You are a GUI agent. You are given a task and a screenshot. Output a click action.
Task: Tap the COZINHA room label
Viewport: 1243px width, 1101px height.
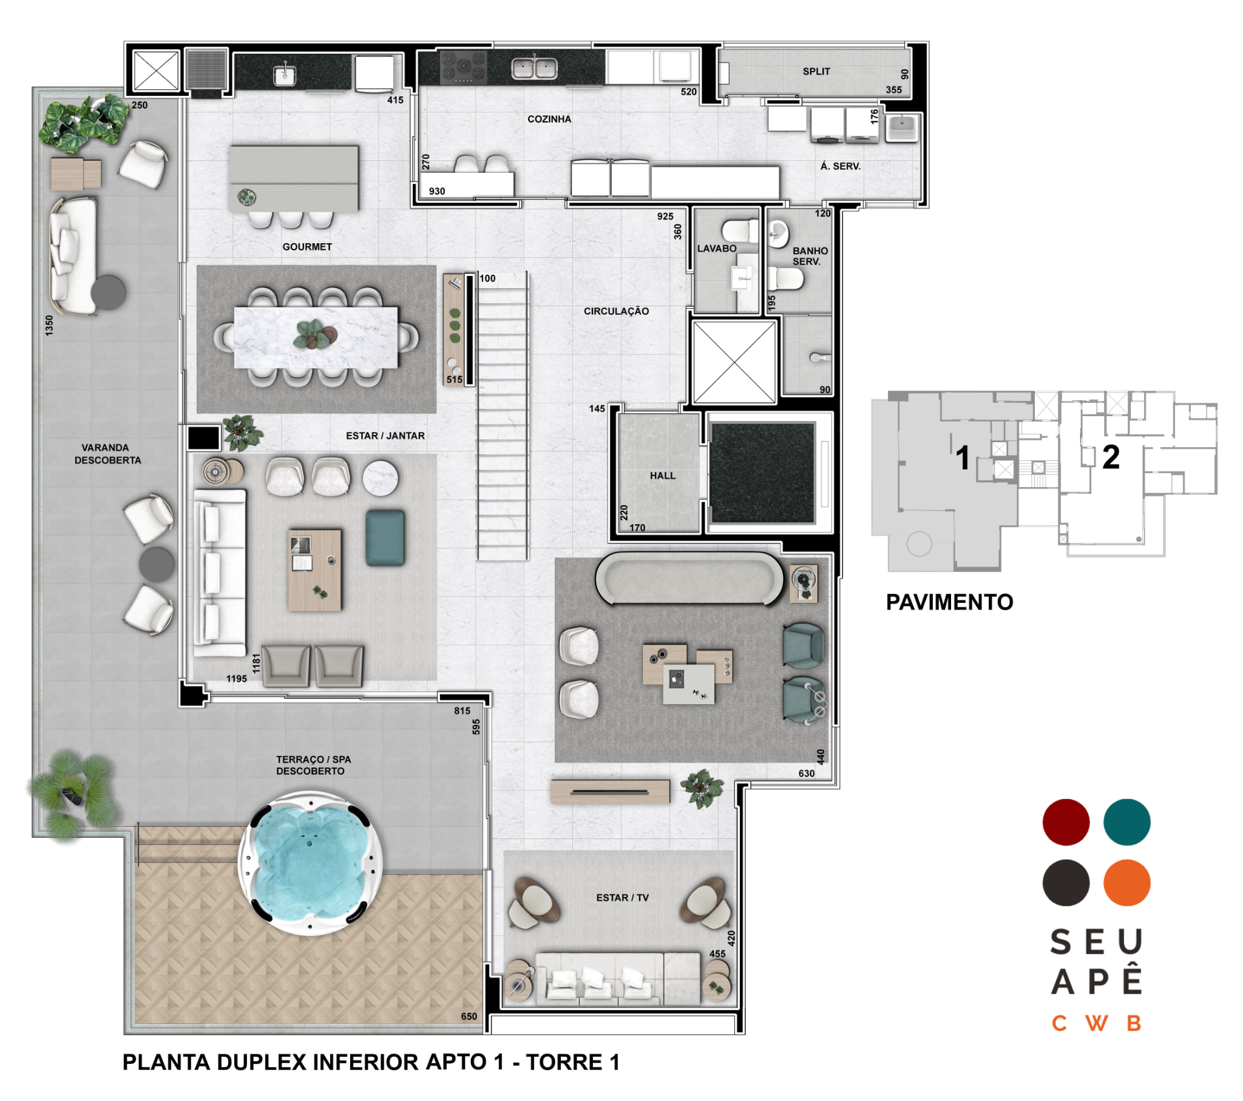pyautogui.click(x=549, y=119)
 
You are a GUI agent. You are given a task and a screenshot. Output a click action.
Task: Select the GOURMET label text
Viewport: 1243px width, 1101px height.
pyautogui.click(x=307, y=247)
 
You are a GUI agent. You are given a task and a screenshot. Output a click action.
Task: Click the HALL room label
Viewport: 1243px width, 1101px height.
pyautogui.click(x=662, y=476)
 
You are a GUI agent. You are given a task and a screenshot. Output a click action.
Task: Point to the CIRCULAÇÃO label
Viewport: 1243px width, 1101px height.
pyautogui.click(x=616, y=311)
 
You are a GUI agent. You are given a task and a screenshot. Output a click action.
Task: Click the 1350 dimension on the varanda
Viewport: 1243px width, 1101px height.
pyautogui.click(x=49, y=325)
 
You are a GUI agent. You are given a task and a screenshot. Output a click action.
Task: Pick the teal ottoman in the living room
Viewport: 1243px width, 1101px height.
pyautogui.click(x=385, y=538)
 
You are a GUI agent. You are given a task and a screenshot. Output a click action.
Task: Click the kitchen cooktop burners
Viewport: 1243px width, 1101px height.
pyautogui.click(x=462, y=67)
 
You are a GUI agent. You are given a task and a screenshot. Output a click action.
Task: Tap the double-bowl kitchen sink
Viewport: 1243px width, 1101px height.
pyautogui.click(x=534, y=67)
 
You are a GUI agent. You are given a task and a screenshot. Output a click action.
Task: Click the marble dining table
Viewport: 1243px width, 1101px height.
pyautogui.click(x=316, y=337)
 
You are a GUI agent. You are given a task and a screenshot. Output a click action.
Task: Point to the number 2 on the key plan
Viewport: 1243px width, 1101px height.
pyautogui.click(x=1111, y=457)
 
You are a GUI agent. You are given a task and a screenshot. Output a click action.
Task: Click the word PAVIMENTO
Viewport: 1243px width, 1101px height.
pyautogui.click(x=949, y=602)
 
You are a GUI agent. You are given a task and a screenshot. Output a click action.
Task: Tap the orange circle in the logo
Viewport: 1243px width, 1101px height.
pyautogui.click(x=1127, y=883)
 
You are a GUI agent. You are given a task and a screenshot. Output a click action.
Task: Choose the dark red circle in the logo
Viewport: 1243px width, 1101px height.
pyautogui.click(x=1066, y=822)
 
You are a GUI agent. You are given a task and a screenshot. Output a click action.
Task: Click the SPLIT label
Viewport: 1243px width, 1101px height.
pyautogui.click(x=816, y=72)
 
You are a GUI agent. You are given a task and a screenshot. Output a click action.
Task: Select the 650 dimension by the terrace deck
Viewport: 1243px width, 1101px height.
pyautogui.click(x=469, y=1017)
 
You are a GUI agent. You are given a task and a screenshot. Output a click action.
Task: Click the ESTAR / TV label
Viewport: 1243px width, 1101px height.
pyautogui.click(x=622, y=898)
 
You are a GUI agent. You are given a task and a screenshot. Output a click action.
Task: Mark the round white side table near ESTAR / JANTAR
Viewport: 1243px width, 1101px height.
pyautogui.click(x=380, y=479)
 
